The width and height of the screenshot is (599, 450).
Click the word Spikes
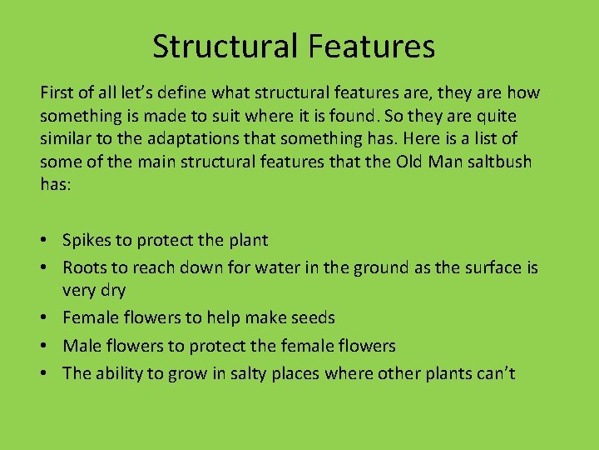pos(87,241)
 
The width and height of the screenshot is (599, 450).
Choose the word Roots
pos(84,267)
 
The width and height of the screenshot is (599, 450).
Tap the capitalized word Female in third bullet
pos(90,317)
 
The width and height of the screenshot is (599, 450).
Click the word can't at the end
pos(494,372)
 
